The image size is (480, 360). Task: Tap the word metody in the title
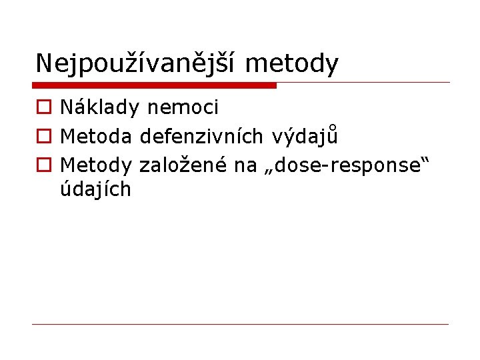tap(292, 63)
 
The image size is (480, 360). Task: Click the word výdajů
tap(305, 136)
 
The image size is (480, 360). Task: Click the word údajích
tap(96, 190)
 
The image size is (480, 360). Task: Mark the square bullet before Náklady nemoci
tap(43, 107)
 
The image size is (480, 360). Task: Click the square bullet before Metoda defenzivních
tap(43, 137)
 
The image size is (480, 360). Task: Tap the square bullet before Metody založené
tap(43, 165)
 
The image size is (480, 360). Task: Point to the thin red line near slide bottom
tap(240, 324)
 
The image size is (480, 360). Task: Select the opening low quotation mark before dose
tap(268, 171)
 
